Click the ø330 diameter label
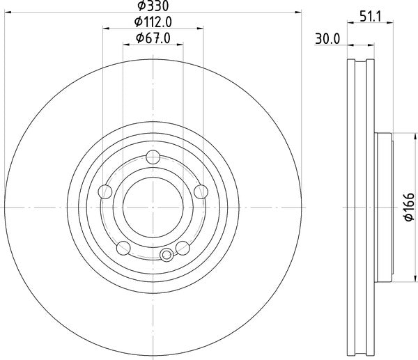coord(153,6)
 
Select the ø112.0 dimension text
coord(153,22)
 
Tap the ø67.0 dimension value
coord(153,38)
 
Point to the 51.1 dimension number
coord(371,17)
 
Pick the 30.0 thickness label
coord(327,39)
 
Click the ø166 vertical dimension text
coord(409,207)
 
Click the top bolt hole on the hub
coord(153,157)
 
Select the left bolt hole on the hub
coord(105,191)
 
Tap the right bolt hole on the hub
coord(201,191)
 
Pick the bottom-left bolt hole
coord(123,248)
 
